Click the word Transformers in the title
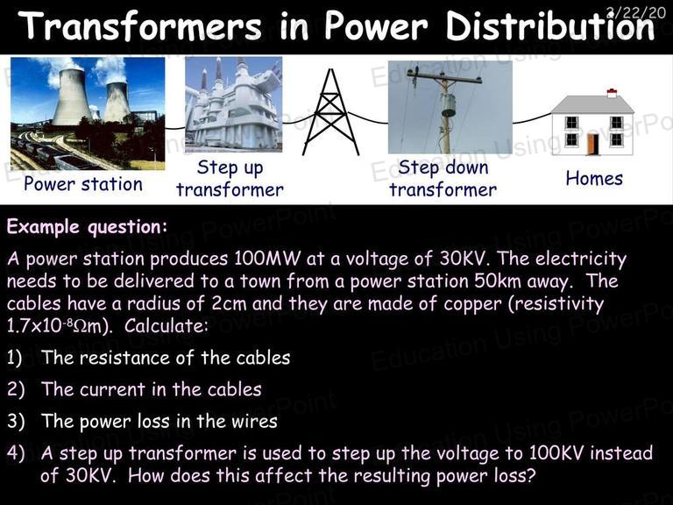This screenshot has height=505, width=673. click(x=141, y=25)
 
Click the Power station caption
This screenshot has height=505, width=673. click(x=83, y=184)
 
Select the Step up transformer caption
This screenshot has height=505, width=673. click(x=230, y=178)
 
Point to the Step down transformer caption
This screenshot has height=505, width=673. click(x=443, y=178)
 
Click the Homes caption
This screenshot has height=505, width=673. click(x=594, y=179)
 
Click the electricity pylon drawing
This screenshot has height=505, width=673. click(x=330, y=112)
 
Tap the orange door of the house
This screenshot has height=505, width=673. click(x=593, y=145)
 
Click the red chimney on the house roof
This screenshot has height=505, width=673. click(x=612, y=93)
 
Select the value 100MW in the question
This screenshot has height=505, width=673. click(x=267, y=259)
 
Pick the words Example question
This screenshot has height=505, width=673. click(x=87, y=227)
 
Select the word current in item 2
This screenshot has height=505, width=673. click(x=112, y=389)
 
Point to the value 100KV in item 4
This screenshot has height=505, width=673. click(x=556, y=453)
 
